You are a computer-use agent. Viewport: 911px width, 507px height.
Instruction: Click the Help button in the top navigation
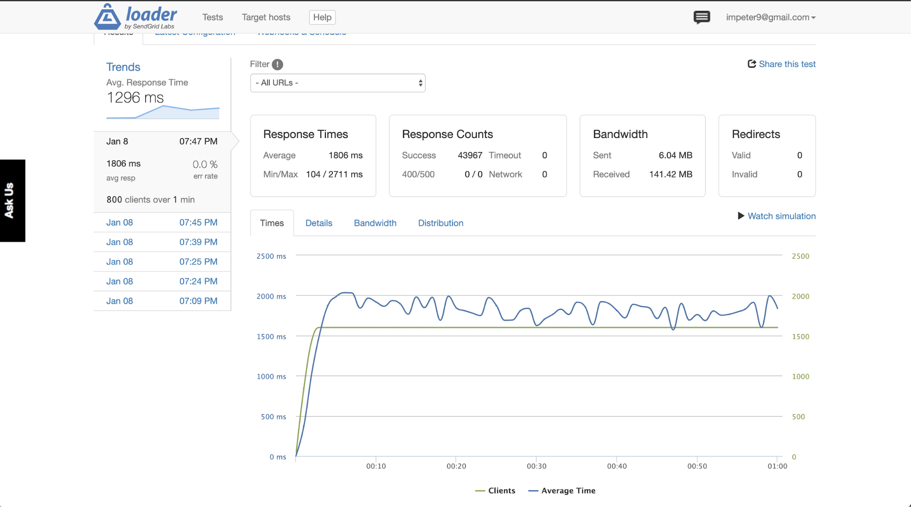pos(322,17)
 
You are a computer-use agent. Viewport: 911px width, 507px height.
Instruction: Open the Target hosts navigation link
pos(266,17)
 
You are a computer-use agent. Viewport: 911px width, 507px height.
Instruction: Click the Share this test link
pos(782,64)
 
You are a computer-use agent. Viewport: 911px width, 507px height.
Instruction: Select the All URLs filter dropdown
pos(338,83)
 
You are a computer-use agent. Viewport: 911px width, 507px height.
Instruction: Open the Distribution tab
pos(441,223)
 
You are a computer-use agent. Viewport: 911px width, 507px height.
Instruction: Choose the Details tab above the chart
pos(319,223)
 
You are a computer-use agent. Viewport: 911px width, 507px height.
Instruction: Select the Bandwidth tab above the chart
pos(375,223)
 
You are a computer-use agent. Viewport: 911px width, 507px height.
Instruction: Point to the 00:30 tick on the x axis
pos(536,466)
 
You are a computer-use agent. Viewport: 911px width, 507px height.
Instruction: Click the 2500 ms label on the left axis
pos(271,256)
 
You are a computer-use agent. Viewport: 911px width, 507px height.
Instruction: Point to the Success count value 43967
pos(470,155)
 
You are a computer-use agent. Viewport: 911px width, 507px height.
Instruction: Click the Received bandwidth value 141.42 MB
pos(670,174)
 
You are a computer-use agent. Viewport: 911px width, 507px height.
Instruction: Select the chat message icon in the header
pos(701,17)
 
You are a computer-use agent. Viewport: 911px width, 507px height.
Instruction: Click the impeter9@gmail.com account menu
pos(771,17)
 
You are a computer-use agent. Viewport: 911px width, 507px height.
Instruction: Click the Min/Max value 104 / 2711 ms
pos(334,174)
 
